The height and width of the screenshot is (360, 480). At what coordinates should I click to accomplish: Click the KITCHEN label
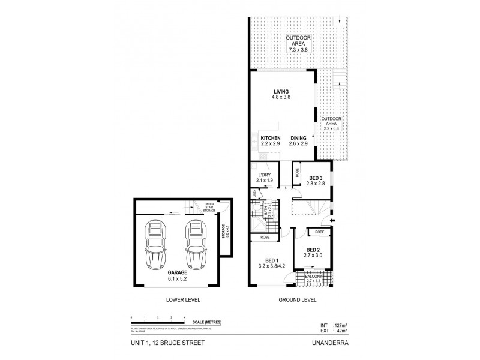point(271,139)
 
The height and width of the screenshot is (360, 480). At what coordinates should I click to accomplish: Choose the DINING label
point(299,139)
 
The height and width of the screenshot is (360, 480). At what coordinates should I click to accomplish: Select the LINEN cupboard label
point(254,193)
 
